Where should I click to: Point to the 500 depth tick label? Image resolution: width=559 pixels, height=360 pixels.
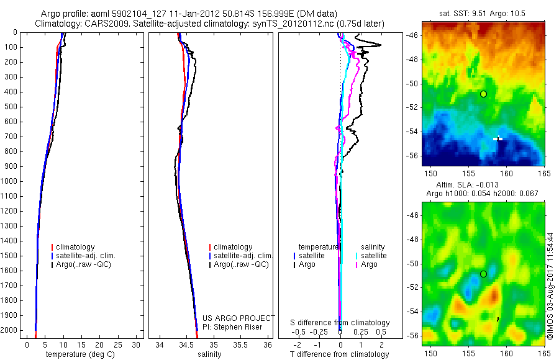pos(11,107)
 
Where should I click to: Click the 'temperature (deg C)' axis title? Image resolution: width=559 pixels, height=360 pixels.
pos(80,354)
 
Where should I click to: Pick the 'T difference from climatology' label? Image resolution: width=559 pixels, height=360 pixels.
pos(340,354)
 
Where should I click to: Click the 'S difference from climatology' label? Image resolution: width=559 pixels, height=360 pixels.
pos(340,323)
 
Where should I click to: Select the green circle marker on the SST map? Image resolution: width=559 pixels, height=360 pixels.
pos(483,94)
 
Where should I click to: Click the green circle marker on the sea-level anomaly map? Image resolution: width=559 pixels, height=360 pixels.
pos(483,274)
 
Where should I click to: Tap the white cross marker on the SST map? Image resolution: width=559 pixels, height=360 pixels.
pos(498,138)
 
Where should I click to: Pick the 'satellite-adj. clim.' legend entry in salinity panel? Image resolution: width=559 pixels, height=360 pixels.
pos(243,256)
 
